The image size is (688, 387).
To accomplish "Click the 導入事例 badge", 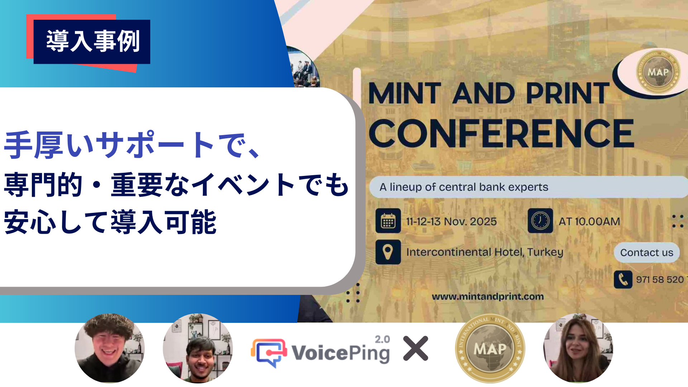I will pyautogui.click(x=92, y=42).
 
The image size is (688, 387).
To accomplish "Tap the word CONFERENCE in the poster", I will pyautogui.click(x=501, y=134).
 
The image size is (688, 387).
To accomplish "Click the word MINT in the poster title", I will pyautogui.click(x=405, y=93).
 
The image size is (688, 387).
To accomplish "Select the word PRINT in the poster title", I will pyautogui.click(x=567, y=93).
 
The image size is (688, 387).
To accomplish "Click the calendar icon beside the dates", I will pyautogui.click(x=388, y=221).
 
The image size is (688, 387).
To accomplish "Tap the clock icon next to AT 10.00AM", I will pyautogui.click(x=540, y=221).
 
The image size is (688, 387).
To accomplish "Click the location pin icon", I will pyautogui.click(x=388, y=252).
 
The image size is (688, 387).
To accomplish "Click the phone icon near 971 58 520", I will pyautogui.click(x=623, y=279).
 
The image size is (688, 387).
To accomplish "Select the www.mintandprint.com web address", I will pyautogui.click(x=487, y=297).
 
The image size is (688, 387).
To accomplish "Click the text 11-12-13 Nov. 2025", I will pyautogui.click(x=451, y=221).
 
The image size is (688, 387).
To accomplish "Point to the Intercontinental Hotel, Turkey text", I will pyautogui.click(x=484, y=252).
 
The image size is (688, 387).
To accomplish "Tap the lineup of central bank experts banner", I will pyautogui.click(x=464, y=187).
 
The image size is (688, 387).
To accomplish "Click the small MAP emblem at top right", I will pyautogui.click(x=658, y=72).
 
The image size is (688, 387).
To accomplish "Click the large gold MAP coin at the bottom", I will pyautogui.click(x=490, y=348).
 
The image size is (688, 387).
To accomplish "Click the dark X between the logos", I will pyautogui.click(x=415, y=348).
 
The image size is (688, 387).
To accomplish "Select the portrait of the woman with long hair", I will pyautogui.click(x=578, y=348).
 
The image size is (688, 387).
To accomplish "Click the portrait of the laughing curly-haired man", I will pyautogui.click(x=109, y=348).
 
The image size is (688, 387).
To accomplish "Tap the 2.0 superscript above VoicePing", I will pyautogui.click(x=382, y=339).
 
